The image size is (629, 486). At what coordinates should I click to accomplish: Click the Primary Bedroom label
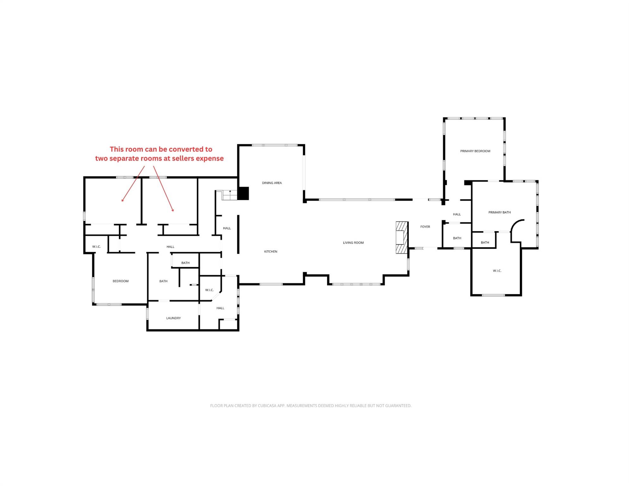point(475,151)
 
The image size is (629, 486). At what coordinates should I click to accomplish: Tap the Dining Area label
point(272,183)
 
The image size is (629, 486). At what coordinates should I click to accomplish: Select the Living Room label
point(353,243)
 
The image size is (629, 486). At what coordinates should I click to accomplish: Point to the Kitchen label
point(271,252)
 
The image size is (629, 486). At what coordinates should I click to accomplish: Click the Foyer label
point(425,227)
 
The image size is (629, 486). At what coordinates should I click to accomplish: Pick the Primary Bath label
point(499,212)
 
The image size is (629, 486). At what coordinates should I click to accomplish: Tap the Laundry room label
point(173,318)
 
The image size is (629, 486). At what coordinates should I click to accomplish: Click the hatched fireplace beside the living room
point(402,237)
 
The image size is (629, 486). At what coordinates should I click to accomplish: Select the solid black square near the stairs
point(243,193)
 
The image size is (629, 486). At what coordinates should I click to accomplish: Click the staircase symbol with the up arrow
point(229,195)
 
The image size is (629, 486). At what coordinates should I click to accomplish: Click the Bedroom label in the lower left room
point(121,281)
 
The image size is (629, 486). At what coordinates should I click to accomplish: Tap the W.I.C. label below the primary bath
point(497,271)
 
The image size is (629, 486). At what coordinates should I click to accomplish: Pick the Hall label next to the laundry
point(220,308)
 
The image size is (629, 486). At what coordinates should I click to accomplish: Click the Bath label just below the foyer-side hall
point(457,238)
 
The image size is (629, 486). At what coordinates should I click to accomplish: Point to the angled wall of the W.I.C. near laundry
point(216,296)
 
